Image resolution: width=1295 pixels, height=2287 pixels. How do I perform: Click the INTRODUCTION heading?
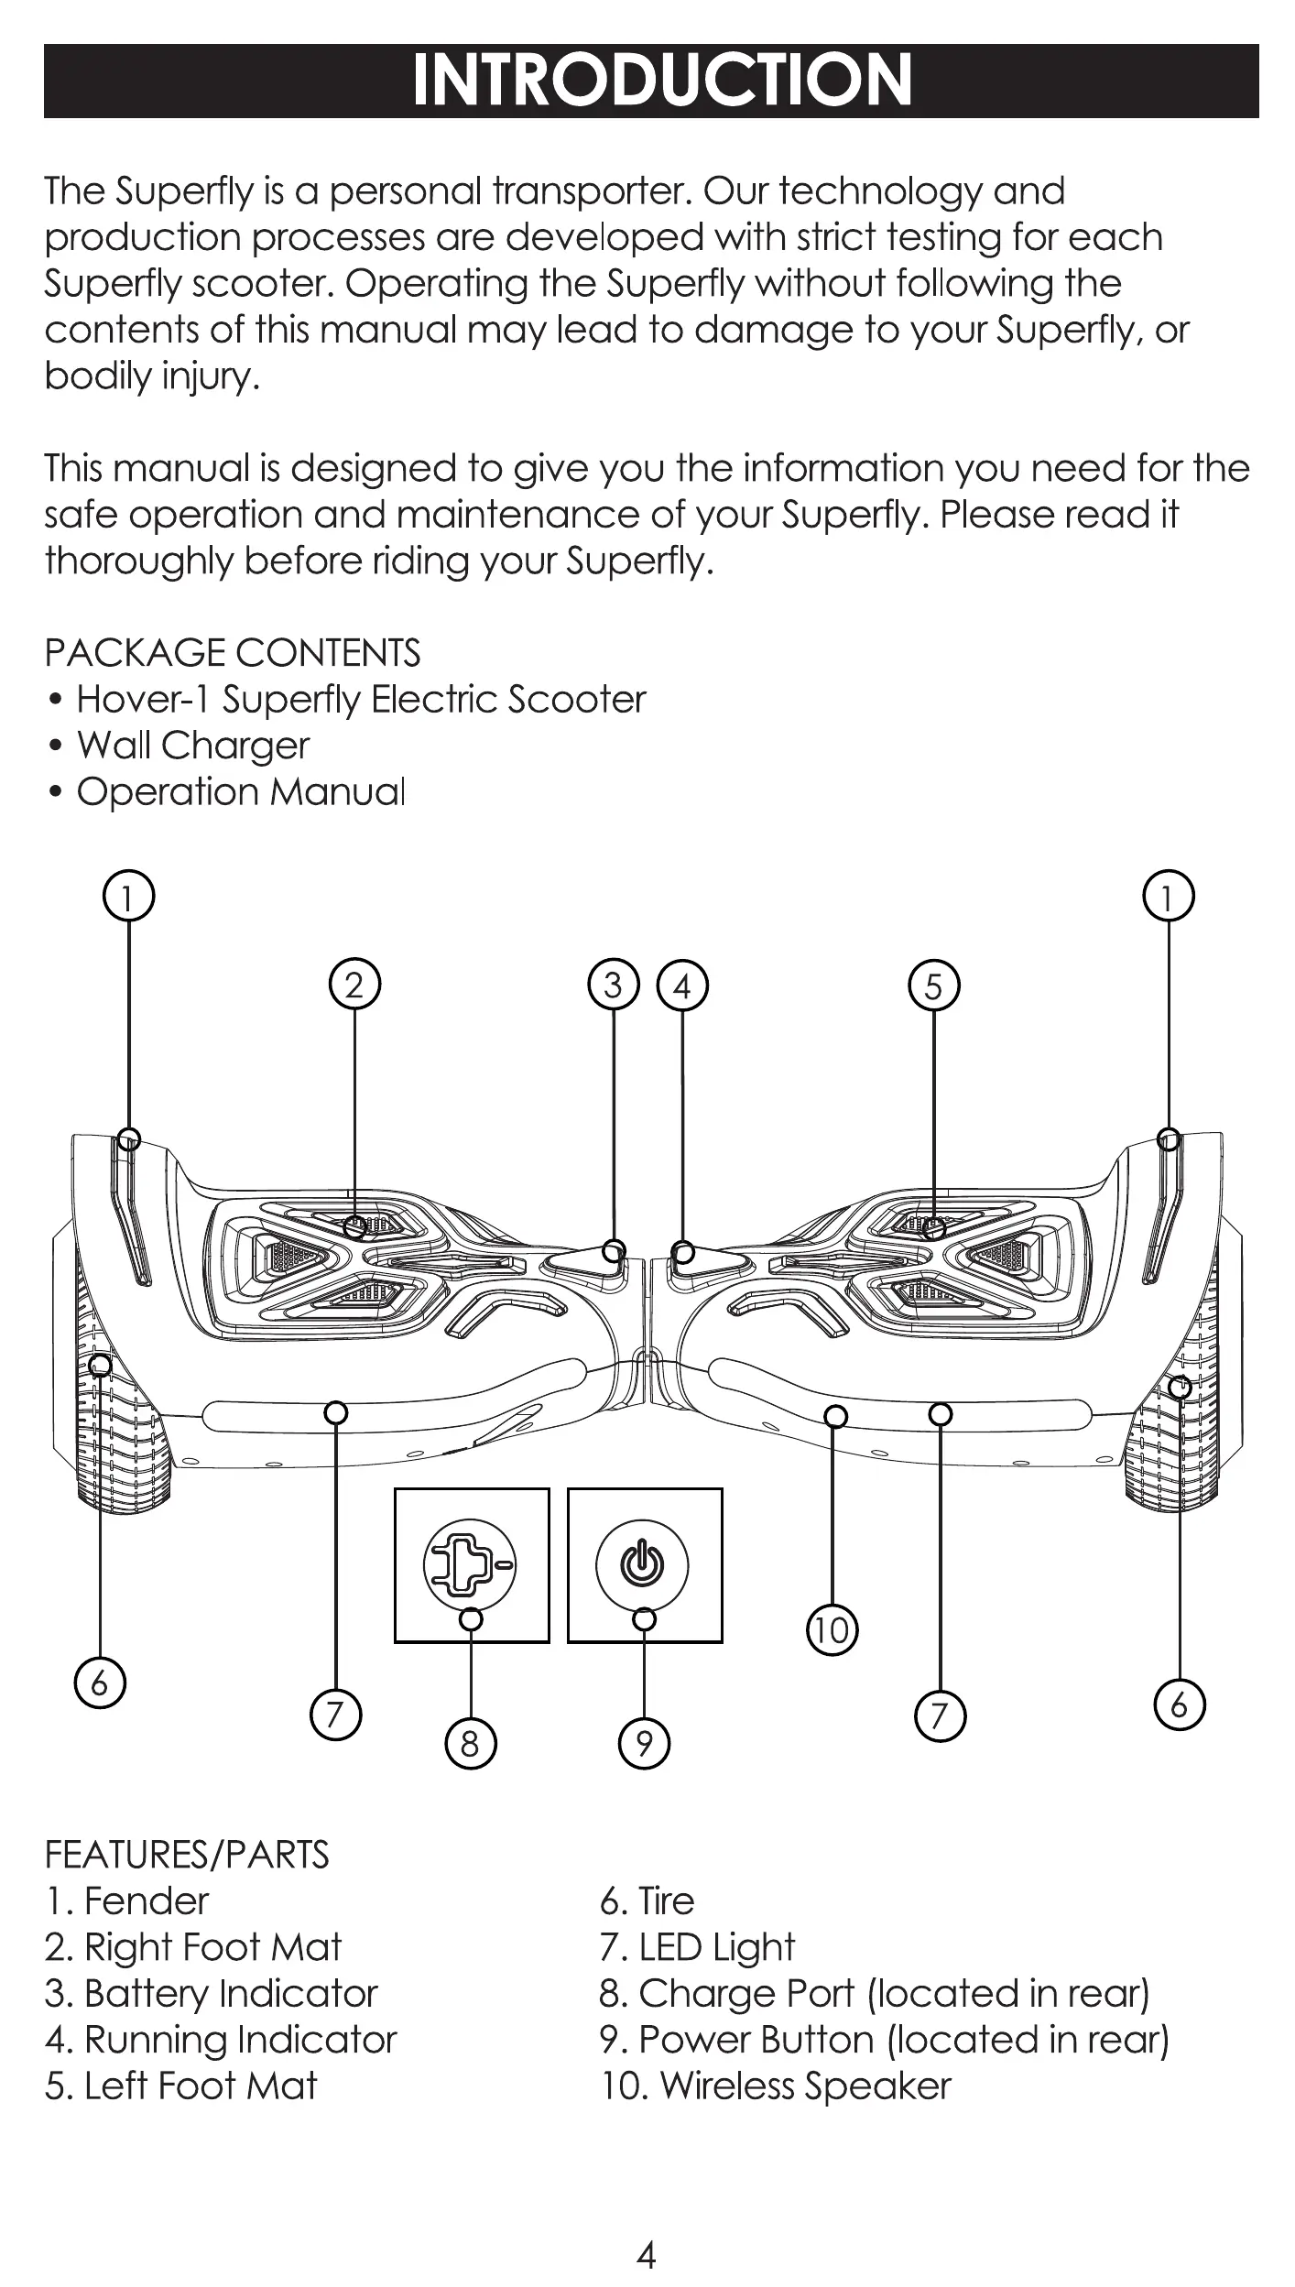661,81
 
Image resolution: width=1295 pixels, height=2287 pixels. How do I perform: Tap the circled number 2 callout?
354,985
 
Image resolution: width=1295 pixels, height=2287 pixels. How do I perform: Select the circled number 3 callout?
613,985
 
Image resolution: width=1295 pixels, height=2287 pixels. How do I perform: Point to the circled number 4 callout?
682,986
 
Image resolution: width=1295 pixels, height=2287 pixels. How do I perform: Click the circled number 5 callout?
933,986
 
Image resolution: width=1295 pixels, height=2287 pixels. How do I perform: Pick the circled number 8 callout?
470,1743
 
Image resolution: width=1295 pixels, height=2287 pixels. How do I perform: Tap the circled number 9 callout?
644,1743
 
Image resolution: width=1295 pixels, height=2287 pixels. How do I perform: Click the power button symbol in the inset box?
643,1564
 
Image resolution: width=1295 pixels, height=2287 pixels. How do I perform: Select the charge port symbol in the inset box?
469,1564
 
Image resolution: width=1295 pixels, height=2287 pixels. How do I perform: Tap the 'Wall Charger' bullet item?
192,746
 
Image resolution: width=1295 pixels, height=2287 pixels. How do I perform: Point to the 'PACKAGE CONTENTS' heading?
233,653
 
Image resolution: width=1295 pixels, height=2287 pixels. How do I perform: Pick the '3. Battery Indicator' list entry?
212,1993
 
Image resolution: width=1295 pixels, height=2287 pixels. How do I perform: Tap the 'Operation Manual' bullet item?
240,792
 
